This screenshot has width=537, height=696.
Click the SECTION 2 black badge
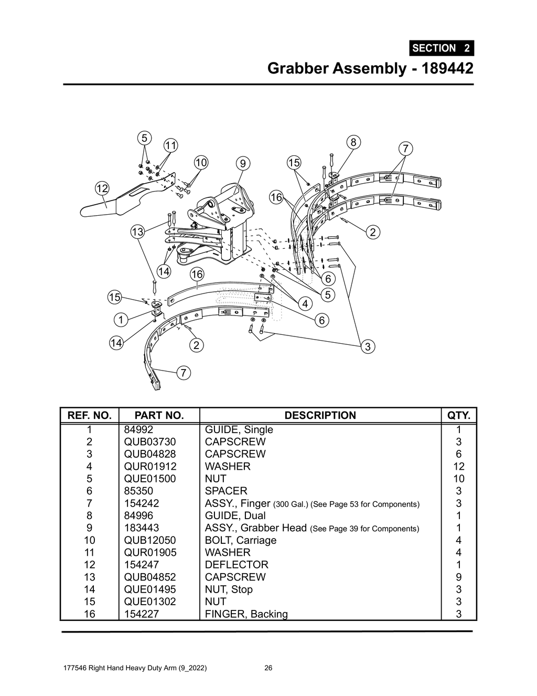(x=442, y=48)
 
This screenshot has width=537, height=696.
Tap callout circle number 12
(x=102, y=188)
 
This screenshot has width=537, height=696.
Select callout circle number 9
(x=242, y=164)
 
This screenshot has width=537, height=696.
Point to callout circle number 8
(x=353, y=142)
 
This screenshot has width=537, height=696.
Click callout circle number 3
(x=368, y=346)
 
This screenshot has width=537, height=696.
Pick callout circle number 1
(x=121, y=320)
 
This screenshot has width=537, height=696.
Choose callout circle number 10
(x=201, y=162)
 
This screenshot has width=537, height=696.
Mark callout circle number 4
(x=305, y=304)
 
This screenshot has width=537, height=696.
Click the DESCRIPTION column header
(x=320, y=416)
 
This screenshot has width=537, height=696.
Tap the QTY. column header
(x=458, y=416)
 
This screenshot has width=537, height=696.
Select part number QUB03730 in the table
(x=150, y=442)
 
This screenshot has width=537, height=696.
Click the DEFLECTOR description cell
(x=237, y=565)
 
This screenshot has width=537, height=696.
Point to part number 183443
(x=142, y=528)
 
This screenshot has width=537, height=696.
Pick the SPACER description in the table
(x=226, y=491)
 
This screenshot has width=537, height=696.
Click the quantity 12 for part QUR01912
(x=458, y=466)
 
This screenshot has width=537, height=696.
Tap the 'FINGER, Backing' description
(x=246, y=614)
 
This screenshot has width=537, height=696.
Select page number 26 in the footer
(x=268, y=668)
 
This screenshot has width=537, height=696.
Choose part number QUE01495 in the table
(x=150, y=589)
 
